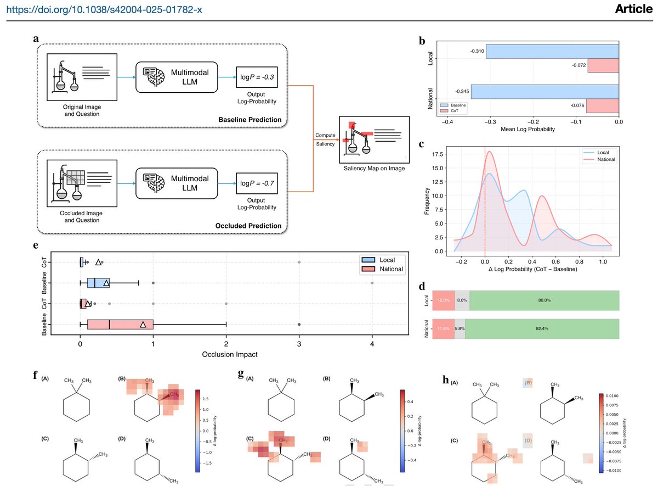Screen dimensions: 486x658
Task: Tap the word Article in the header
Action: click(633, 9)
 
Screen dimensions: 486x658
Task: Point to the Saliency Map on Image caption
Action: click(375, 168)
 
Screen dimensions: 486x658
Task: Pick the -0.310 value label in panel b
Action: click(477, 51)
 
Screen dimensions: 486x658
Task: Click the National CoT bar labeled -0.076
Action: click(603, 105)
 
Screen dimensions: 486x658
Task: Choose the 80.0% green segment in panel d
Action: click(544, 300)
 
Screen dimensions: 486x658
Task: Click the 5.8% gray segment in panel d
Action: click(460, 328)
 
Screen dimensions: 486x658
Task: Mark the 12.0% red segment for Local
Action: click(443, 300)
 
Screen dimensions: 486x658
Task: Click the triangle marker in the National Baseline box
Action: click(143, 325)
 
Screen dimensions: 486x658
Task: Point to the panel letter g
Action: click(240, 375)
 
